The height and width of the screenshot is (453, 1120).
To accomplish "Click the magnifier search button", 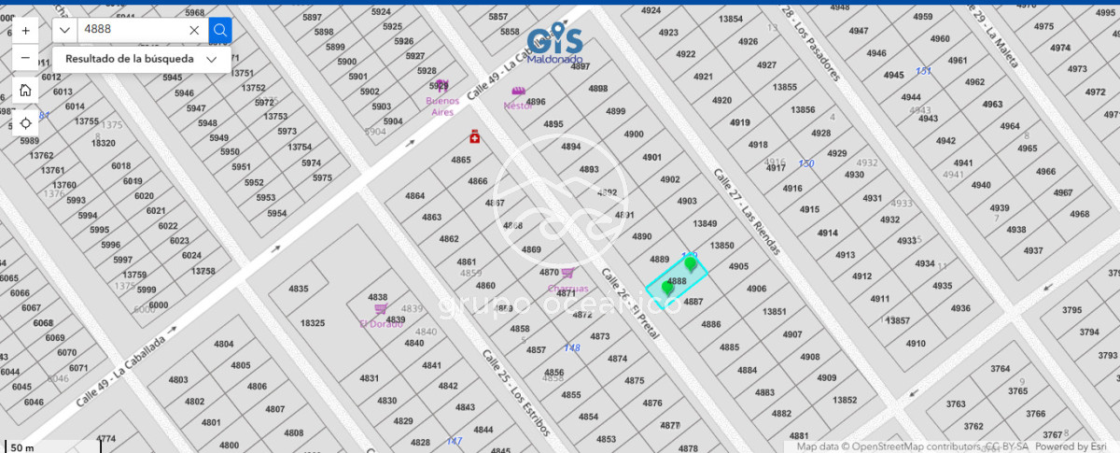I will pos(220,30).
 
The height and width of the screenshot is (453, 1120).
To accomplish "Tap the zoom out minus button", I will pos(25,58).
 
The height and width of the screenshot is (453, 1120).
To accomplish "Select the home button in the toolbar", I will pos(25,91).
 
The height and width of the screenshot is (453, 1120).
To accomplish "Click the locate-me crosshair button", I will pos(25,122).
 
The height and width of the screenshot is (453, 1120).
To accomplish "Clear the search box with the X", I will pos(194,30).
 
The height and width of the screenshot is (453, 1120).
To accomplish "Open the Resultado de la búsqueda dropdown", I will pos(140,59).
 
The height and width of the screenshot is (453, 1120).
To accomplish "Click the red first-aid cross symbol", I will pos(475,137).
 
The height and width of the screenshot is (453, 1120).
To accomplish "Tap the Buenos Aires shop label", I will pos(442,105).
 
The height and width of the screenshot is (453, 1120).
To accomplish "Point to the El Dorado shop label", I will pos(380,324).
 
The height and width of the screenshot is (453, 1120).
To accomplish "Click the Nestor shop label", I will pos(518,106).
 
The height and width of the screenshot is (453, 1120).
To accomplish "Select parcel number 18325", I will pos(313,323).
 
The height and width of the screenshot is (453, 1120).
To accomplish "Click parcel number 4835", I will pos(299,289).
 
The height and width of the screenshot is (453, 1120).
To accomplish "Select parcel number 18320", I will pos(104,143).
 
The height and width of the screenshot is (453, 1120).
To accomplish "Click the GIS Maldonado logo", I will pos(554,43).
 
